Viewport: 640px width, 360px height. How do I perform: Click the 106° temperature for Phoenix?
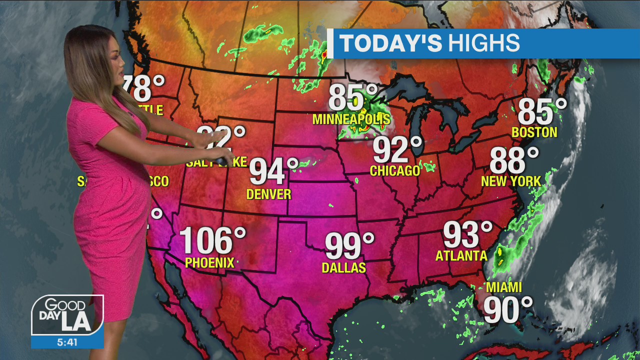[x=212, y=241]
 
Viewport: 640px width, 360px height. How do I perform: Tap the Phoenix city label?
[x=209, y=262]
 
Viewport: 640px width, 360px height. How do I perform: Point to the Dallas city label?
[x=343, y=268]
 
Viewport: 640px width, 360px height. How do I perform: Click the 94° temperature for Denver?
[x=273, y=171]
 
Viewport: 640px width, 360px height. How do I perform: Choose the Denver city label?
[x=269, y=194]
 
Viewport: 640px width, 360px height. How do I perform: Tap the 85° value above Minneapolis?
[x=353, y=98]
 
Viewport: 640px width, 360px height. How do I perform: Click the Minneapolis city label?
[x=351, y=119]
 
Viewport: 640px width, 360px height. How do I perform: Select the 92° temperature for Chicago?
[x=397, y=150]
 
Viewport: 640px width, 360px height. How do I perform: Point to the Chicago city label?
[x=395, y=171]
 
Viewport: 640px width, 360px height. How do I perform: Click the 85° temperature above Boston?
[x=542, y=111]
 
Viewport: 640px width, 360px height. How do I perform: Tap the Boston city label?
[x=534, y=132]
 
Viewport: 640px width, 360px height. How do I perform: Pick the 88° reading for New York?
[x=514, y=160]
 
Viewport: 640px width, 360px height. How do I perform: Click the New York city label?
[x=511, y=181]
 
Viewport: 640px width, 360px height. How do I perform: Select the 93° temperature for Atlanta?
[x=467, y=234]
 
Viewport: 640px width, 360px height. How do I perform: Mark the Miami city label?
[x=504, y=287]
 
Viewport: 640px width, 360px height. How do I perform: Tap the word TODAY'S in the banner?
[x=391, y=43]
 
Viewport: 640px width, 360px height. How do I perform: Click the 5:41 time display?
[x=67, y=342]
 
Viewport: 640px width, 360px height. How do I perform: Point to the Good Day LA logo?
[x=67, y=315]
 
